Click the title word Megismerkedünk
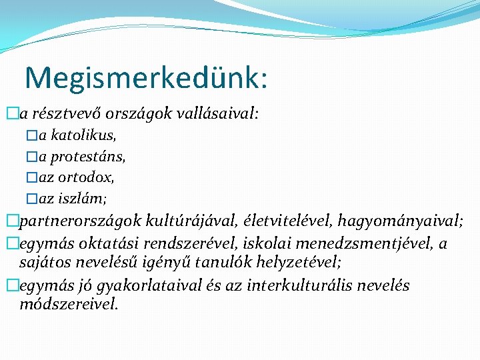tap(146, 78)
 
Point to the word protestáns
tap(88, 157)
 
